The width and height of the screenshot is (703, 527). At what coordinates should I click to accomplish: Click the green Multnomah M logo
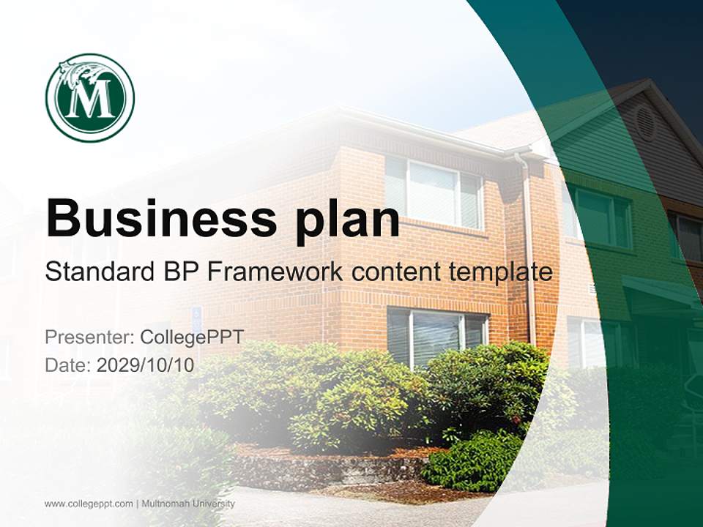point(89,97)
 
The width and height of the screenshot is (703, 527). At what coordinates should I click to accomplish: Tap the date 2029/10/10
point(146,365)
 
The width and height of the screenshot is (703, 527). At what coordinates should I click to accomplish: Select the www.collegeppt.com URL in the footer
point(89,504)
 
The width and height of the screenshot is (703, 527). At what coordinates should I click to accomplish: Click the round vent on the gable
point(644,122)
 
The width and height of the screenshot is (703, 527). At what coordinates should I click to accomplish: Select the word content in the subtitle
point(391,272)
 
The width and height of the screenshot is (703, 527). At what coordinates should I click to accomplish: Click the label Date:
point(68,365)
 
